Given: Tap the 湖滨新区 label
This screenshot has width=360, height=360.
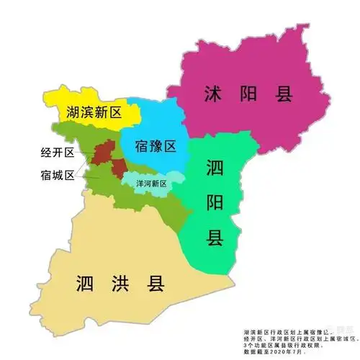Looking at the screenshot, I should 93,112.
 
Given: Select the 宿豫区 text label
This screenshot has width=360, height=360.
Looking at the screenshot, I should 156,147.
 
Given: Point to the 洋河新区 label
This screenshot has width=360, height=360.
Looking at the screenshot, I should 151,183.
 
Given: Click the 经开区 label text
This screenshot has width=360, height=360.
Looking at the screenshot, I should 58,153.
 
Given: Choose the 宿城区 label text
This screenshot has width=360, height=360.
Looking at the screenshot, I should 58,174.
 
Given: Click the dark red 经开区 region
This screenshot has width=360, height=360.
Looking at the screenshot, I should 102,152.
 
